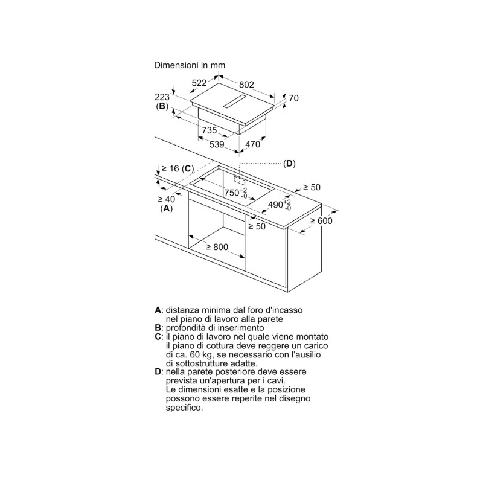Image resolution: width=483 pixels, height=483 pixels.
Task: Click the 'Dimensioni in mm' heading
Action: pos(190,65)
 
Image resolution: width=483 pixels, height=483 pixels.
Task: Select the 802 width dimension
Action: pos(246,84)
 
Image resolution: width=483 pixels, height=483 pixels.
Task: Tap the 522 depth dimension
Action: pos(199,83)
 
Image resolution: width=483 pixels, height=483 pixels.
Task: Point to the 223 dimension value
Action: pos(162,97)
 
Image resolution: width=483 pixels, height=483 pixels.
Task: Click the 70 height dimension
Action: pos(293,98)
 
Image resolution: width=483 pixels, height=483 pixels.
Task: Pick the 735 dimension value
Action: pos(210,130)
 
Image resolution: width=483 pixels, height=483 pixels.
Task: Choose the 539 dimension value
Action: pos(217,144)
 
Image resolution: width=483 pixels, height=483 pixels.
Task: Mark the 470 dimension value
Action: pos(253,144)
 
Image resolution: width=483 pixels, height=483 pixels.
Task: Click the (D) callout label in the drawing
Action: pos(289,164)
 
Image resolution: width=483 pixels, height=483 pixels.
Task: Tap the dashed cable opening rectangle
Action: pos(239,181)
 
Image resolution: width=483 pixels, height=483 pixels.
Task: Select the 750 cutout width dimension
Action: pos(235,193)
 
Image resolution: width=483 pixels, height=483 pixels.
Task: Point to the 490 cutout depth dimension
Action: pos(279,205)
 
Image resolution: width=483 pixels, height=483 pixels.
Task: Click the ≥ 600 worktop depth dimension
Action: pos(321,221)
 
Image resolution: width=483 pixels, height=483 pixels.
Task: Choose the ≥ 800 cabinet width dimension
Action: pos(217,247)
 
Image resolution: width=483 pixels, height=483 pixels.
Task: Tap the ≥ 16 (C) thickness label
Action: pos(178,168)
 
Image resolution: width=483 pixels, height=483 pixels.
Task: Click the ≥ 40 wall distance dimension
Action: pos(167,199)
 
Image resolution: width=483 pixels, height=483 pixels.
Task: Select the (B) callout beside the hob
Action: pos(162,107)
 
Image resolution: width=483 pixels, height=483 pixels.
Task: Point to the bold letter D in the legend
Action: pos(158,372)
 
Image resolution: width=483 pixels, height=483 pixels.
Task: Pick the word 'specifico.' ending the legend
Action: pos(185,408)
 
